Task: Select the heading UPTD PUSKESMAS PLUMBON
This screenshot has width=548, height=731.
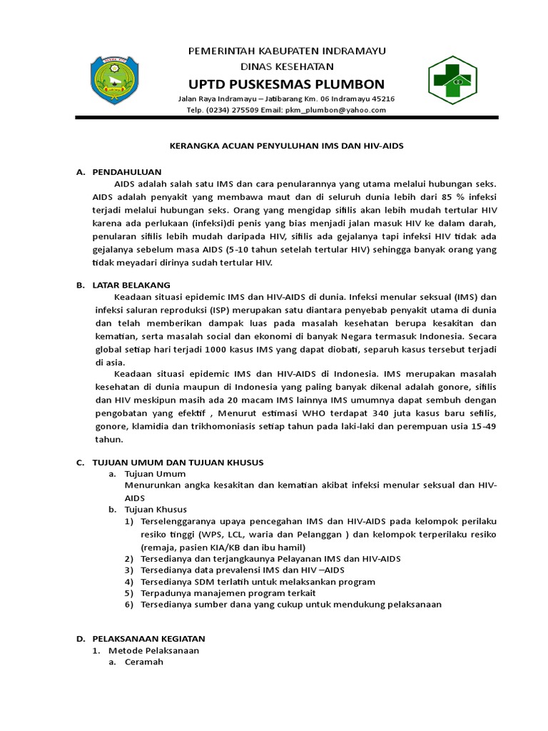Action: click(x=285, y=83)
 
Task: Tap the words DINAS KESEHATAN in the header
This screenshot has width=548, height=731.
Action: click(x=285, y=66)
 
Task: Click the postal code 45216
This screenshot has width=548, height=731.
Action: click(x=380, y=99)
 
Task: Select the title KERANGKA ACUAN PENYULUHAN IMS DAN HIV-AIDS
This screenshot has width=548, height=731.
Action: click(x=285, y=146)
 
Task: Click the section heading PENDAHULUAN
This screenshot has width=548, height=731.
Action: click(x=127, y=172)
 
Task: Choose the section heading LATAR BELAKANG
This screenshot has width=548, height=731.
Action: click(x=131, y=285)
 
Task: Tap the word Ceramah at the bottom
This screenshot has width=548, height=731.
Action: click(x=143, y=662)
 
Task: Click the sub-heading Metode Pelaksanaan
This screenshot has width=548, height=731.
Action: click(x=153, y=650)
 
